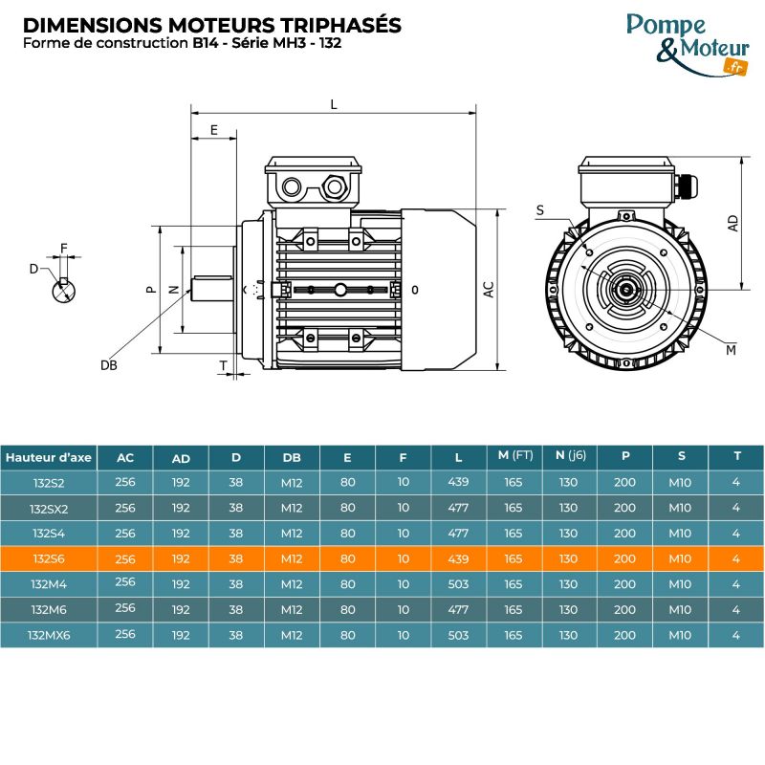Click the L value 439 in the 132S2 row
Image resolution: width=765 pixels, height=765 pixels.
(458, 483)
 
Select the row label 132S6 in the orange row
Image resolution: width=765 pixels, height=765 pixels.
(49, 558)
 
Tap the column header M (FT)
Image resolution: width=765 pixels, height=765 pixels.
(514, 456)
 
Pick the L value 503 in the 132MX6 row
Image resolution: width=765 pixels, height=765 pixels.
(458, 634)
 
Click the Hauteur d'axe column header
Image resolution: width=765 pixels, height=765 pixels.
(49, 457)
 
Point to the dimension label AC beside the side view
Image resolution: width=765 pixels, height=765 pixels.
(488, 290)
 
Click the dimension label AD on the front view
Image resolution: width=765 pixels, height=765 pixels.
(732, 223)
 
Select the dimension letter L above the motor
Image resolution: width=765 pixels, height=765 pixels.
(334, 104)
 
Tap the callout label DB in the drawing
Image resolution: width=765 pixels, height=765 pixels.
(108, 365)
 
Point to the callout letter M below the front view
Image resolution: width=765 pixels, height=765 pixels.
(731, 351)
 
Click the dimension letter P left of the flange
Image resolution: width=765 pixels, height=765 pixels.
(149, 289)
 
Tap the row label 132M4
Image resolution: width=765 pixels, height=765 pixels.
(49, 583)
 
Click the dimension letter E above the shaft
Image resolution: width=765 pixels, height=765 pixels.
(214, 129)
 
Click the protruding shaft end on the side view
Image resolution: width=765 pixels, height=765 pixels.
(212, 289)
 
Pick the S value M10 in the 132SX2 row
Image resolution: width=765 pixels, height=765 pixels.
(680, 508)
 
